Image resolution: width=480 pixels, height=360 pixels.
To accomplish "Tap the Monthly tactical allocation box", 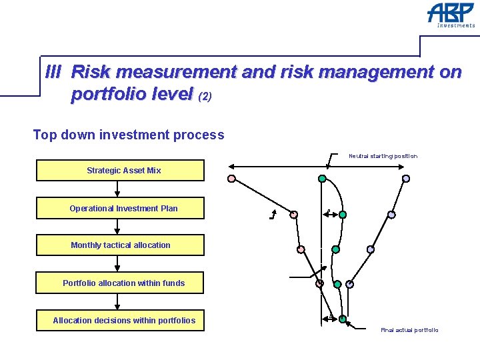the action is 120,245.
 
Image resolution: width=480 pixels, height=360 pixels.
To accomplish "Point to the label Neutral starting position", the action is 383,156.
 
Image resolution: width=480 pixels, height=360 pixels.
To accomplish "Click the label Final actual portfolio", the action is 409,330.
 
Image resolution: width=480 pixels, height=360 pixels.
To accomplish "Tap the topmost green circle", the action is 322,179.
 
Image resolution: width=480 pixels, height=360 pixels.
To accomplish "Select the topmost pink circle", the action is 231,179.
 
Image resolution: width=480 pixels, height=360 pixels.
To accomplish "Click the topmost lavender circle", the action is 406,179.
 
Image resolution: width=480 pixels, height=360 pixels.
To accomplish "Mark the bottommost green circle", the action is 343,319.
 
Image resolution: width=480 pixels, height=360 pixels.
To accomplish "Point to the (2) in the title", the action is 205,97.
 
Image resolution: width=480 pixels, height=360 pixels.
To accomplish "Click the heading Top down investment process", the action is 129,135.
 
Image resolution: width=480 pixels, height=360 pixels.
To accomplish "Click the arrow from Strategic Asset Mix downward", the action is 117,189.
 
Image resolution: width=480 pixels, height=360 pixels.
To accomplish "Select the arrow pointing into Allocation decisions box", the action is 117,302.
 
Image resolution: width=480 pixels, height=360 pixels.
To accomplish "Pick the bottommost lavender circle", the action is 349,284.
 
